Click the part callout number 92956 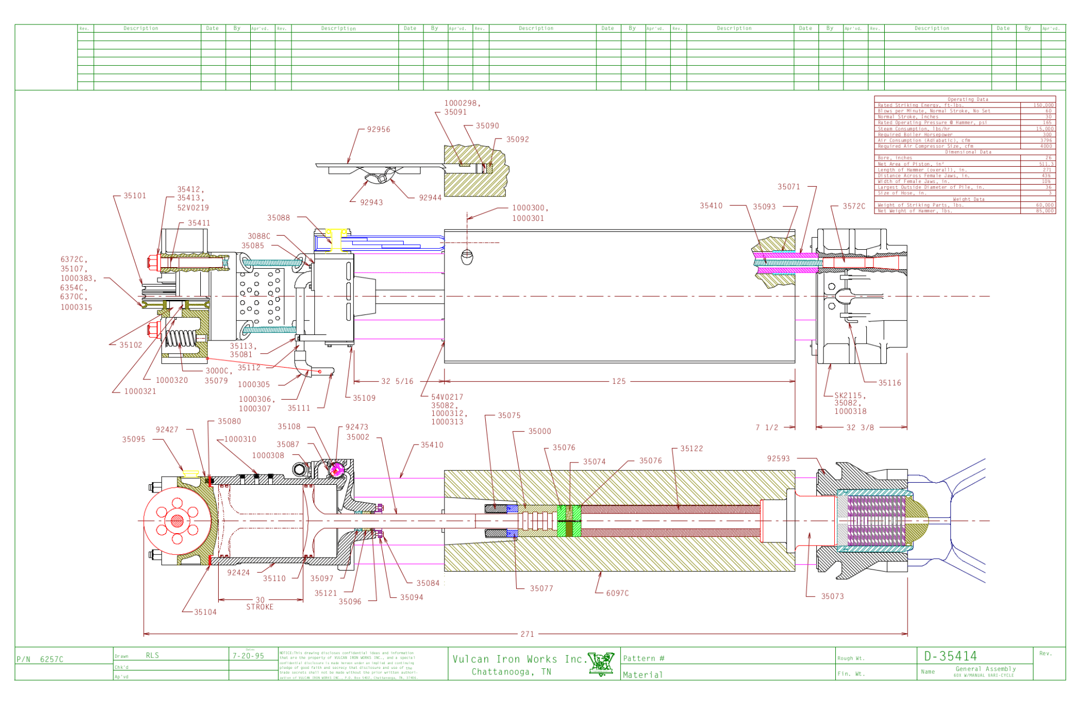378,130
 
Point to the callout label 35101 135,196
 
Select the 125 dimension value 619,382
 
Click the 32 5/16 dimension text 397,382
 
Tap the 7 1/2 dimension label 767,428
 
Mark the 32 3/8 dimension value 860,428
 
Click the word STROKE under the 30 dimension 260,608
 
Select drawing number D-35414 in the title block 950,656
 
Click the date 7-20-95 249,656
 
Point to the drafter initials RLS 153,656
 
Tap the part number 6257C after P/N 52,660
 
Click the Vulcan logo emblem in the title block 601,664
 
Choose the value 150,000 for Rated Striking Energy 1043,105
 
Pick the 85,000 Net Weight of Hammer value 1043,211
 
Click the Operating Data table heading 968,99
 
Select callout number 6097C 618,593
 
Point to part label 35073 832,597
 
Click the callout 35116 890,383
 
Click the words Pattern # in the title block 643,659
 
